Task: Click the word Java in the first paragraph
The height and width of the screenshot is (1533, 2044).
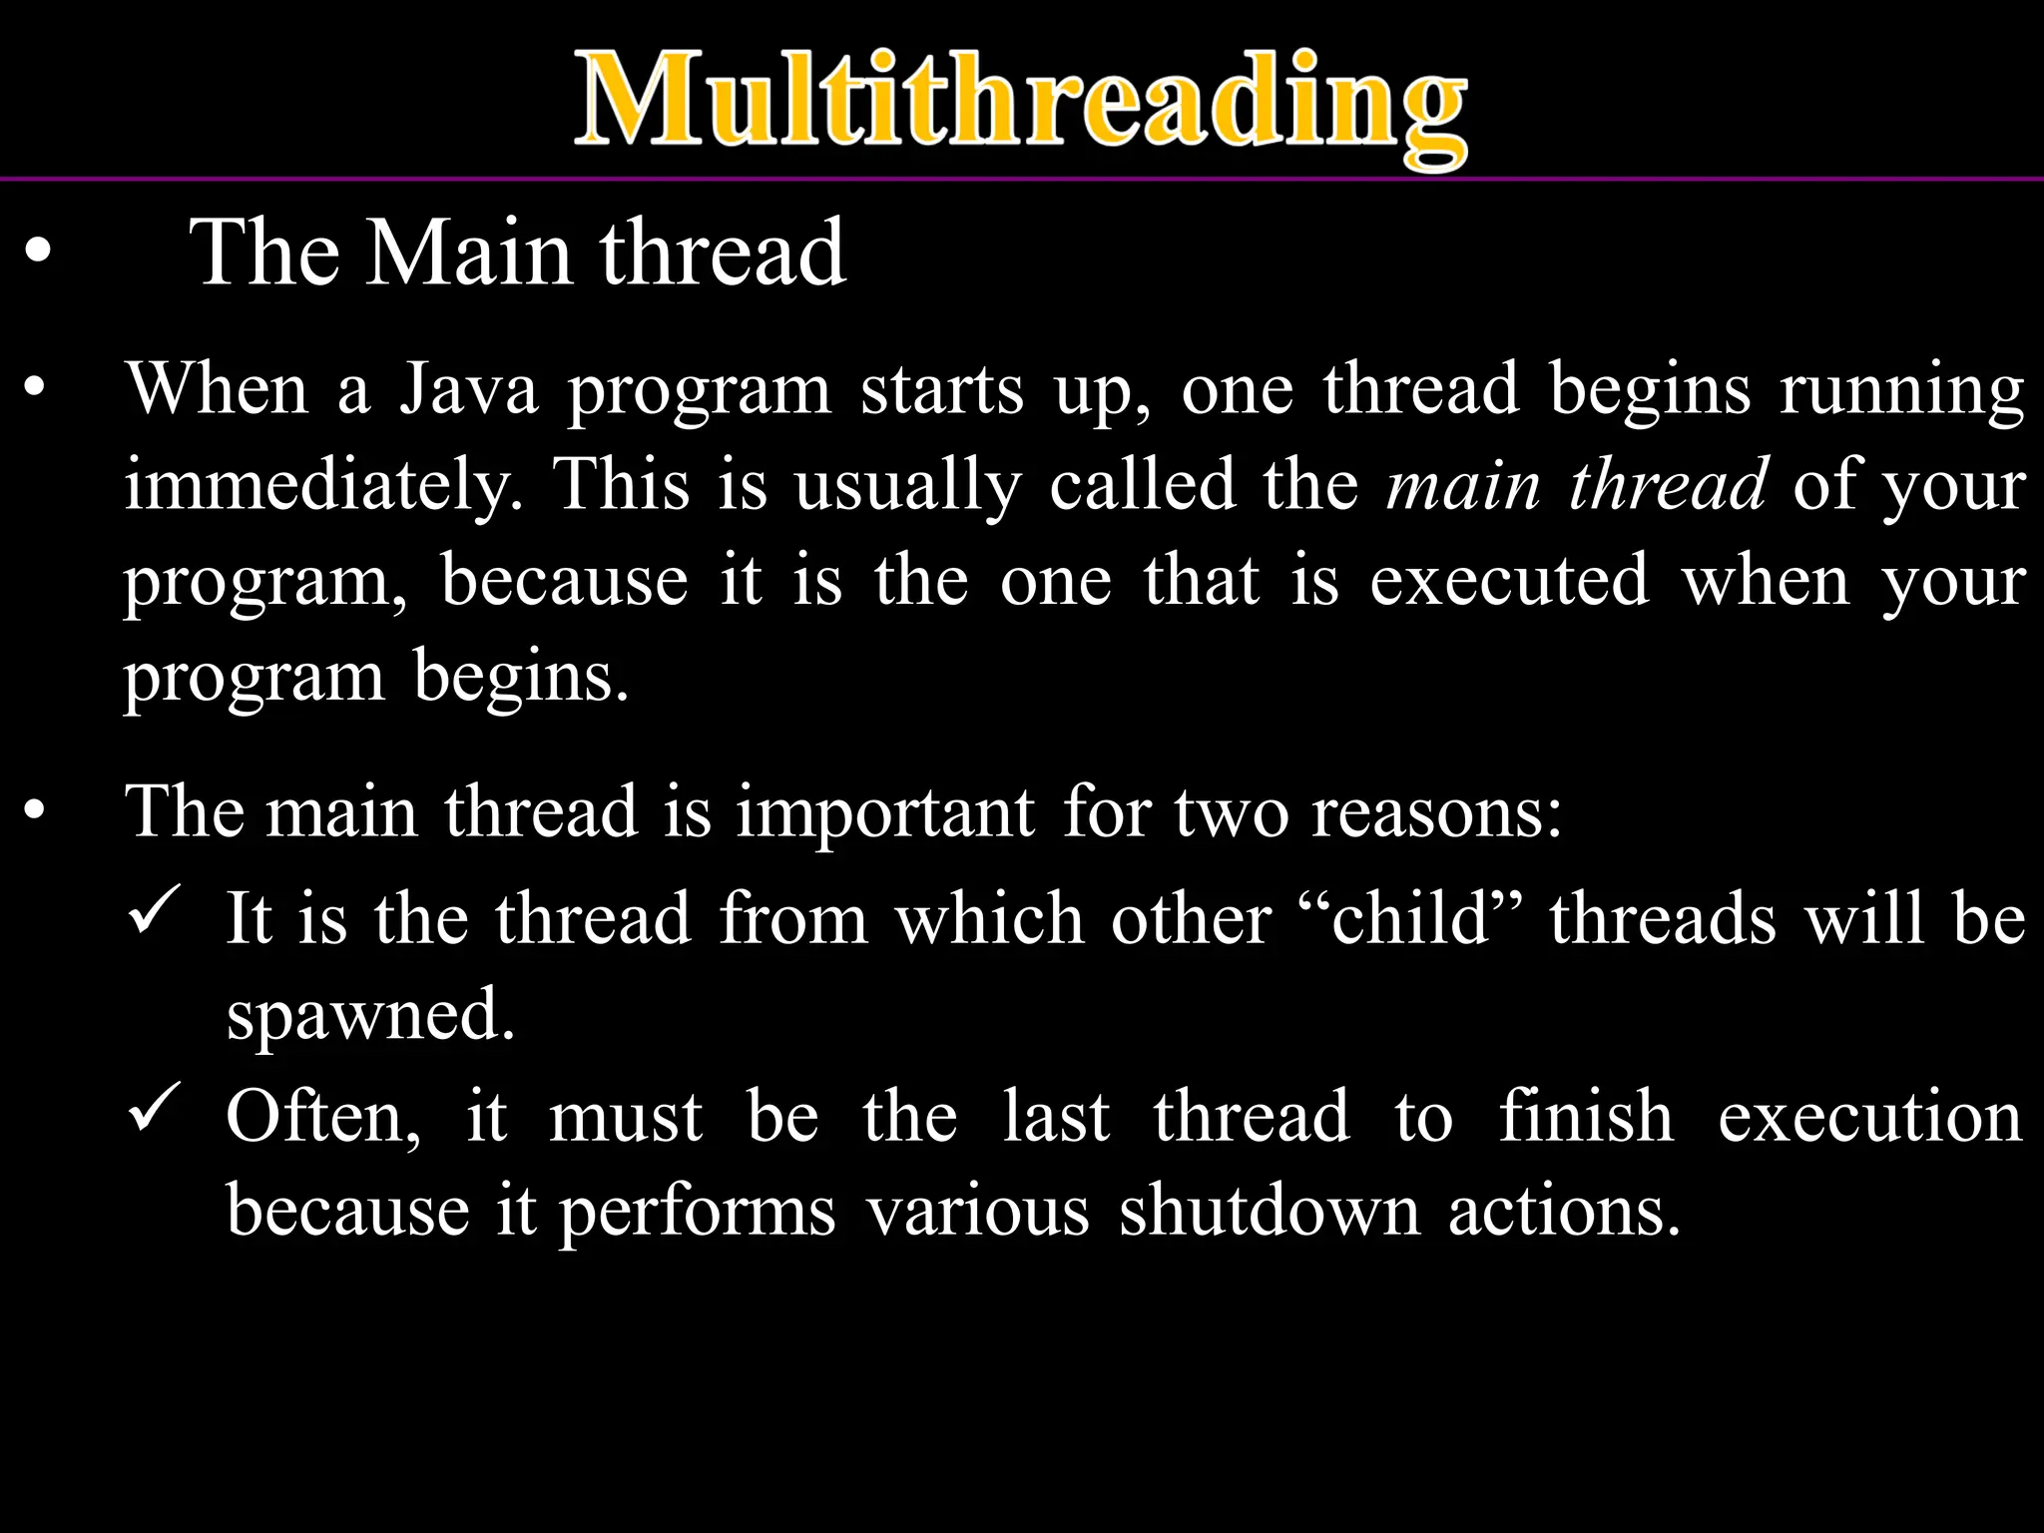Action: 469,389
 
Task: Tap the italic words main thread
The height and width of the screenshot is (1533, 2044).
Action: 1577,485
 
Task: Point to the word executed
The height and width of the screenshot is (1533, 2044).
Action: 1509,581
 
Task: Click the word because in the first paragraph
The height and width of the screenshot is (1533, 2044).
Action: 565,581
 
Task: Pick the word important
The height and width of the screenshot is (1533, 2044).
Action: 885,812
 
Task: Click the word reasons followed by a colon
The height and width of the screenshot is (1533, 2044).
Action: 1435,812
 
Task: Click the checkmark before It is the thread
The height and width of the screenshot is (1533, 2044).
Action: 155,910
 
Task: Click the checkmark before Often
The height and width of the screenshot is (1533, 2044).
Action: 155,1108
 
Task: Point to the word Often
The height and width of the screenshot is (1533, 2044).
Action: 321,1116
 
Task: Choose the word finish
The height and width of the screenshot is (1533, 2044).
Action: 1586,1116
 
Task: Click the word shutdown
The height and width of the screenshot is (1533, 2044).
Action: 1269,1212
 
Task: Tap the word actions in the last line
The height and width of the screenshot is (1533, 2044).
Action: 1563,1212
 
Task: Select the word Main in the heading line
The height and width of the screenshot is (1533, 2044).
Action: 469,254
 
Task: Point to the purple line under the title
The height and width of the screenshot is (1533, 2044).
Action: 1022,179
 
